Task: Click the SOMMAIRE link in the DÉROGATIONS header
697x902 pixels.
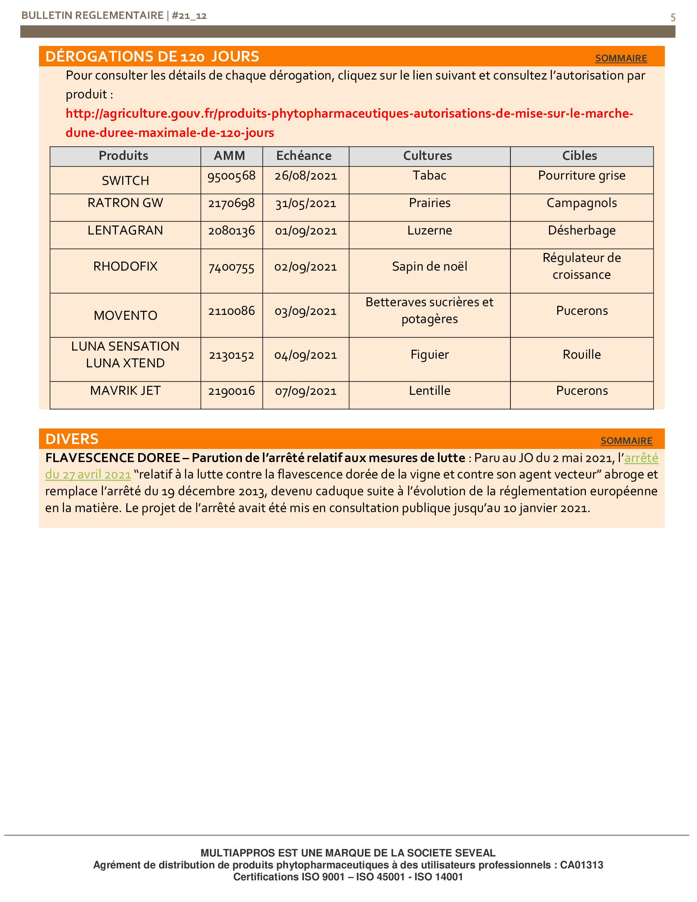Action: [x=621, y=58]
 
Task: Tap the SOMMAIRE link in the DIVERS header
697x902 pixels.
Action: [x=626, y=441]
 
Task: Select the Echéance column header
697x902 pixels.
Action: [x=303, y=156]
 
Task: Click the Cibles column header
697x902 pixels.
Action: [x=579, y=156]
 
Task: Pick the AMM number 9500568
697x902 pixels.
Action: [x=231, y=176]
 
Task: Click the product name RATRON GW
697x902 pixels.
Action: [x=125, y=203]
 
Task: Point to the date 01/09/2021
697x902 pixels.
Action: [x=305, y=230]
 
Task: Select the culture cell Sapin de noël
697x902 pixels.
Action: [x=429, y=266]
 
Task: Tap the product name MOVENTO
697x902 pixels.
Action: [x=125, y=316]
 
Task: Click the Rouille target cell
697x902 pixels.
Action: [x=581, y=354]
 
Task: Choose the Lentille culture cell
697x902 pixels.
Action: [x=429, y=391]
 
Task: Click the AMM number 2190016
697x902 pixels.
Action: [x=231, y=391]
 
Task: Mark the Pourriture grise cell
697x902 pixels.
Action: [x=581, y=175]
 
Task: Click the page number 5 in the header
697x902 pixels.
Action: [x=673, y=17]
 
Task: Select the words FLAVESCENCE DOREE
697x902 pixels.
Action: [x=112, y=458]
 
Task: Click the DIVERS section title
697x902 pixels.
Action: [x=72, y=439]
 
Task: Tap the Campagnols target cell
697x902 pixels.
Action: [x=581, y=203]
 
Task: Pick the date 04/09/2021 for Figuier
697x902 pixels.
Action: [x=305, y=355]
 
